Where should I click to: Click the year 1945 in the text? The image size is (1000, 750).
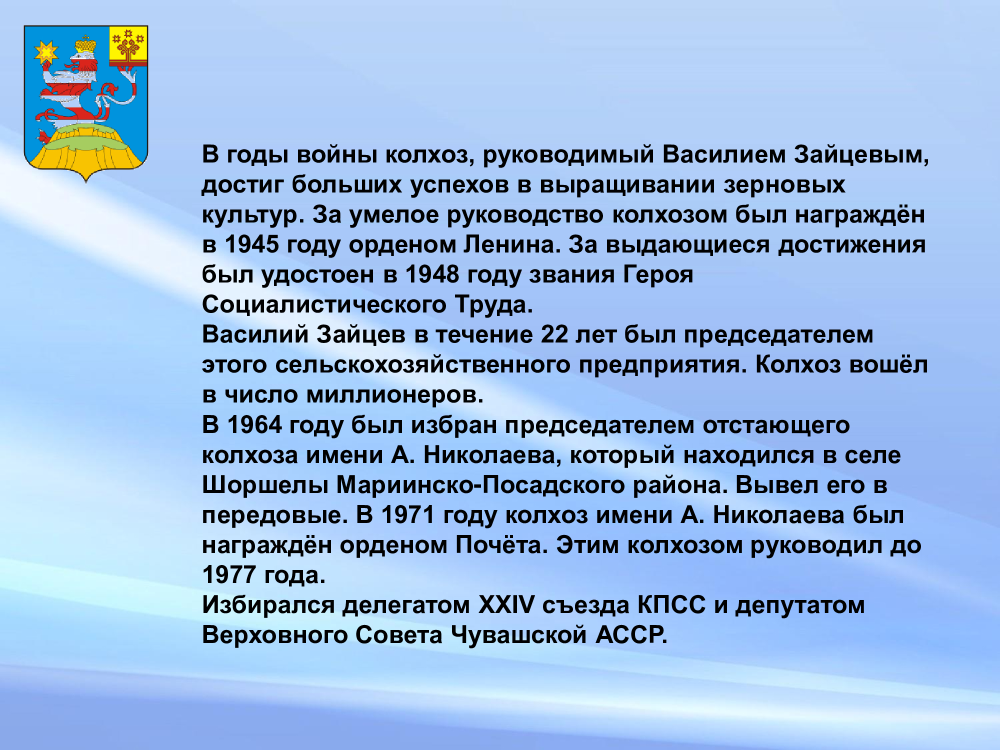click(251, 244)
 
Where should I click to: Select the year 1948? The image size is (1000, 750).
click(432, 274)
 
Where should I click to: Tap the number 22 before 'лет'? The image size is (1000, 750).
click(554, 334)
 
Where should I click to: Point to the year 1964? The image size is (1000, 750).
click(254, 425)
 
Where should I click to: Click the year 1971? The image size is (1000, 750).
click(408, 515)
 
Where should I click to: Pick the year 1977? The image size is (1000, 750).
click(229, 575)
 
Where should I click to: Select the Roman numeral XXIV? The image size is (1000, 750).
click(506, 605)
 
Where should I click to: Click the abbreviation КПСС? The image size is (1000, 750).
click(671, 605)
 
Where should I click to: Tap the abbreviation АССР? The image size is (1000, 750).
click(631, 635)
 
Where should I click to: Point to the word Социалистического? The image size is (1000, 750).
click(324, 304)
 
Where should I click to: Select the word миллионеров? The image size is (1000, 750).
click(395, 395)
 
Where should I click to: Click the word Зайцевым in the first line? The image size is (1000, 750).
click(861, 155)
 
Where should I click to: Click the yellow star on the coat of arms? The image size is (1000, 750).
click(46, 52)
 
